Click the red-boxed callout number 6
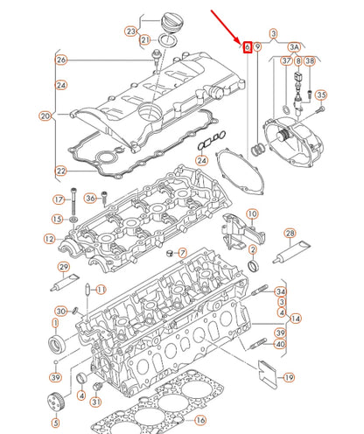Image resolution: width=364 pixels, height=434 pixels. [x=248, y=45]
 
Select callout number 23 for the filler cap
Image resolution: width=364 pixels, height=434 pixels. [x=131, y=31]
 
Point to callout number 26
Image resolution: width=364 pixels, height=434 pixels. [x=60, y=59]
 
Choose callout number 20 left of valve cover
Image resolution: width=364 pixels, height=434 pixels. [x=45, y=115]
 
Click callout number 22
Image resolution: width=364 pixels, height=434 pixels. [x=60, y=170]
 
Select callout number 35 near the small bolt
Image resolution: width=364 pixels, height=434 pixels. [x=321, y=94]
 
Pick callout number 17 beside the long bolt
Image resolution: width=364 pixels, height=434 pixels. [x=59, y=199]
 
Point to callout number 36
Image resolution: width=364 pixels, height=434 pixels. [x=91, y=199]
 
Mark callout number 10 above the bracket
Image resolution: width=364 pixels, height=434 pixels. [x=252, y=213]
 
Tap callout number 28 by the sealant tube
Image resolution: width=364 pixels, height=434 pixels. [x=290, y=234]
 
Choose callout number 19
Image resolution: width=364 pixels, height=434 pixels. [x=290, y=378]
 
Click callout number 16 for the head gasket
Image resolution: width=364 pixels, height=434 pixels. [x=199, y=420]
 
